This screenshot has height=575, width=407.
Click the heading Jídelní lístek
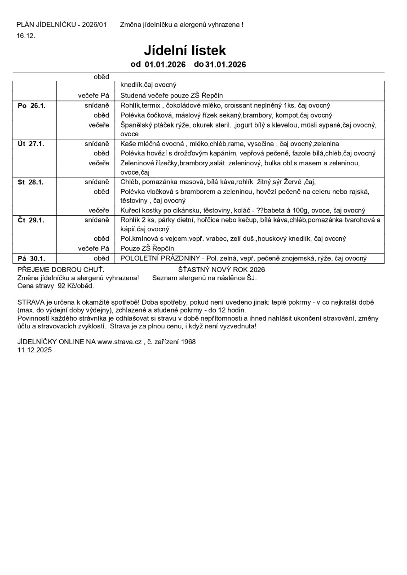185,50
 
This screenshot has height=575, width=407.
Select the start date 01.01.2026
165,65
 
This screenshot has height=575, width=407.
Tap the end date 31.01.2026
226,65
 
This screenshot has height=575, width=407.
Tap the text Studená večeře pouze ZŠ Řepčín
172,95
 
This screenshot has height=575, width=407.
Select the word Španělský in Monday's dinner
135,125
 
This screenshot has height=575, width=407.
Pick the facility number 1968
188,341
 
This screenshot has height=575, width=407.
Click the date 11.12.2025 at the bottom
34,349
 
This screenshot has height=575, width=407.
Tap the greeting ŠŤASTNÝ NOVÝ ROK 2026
221,270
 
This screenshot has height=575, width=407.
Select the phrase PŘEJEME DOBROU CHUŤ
61,270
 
